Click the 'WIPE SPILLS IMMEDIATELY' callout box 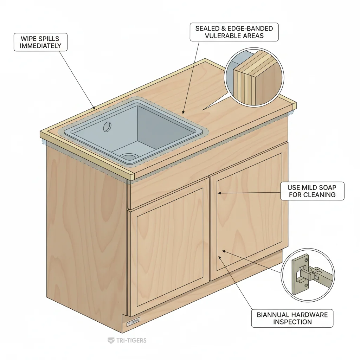[x=40, y=42]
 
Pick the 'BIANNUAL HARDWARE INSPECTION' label [x=292, y=318]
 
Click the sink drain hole [x=128, y=156]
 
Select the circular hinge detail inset [x=308, y=275]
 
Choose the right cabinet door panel [x=248, y=211]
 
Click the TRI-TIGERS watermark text [x=127, y=340]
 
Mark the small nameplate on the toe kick [x=133, y=321]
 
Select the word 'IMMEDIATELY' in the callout [x=40, y=46]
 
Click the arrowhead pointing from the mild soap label [x=219, y=193]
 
